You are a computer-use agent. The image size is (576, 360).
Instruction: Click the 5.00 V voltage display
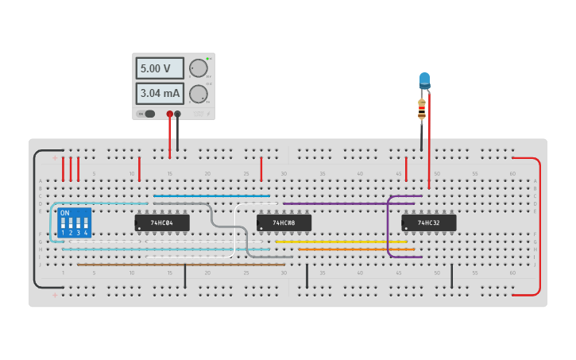tap(159, 68)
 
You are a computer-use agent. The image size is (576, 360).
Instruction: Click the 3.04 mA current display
tap(159, 94)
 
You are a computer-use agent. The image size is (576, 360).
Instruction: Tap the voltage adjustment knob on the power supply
tap(198, 68)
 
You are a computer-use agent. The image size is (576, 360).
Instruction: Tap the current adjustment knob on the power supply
tap(198, 94)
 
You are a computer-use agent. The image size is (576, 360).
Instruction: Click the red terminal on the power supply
tap(169, 114)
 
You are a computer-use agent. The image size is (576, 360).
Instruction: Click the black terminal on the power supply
tap(177, 114)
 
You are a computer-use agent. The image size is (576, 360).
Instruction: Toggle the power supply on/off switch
tap(148, 114)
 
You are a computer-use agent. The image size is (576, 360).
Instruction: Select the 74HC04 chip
tap(162, 223)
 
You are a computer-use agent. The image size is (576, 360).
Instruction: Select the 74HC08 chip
tap(284, 223)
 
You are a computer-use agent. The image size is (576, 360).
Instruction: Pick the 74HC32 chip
tap(429, 223)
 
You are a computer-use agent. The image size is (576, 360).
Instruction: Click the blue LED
tap(424, 80)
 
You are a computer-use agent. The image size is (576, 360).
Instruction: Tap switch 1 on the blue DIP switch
tap(64, 223)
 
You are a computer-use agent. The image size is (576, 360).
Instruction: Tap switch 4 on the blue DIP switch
tap(86, 223)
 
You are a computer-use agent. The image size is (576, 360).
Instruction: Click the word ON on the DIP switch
tap(65, 213)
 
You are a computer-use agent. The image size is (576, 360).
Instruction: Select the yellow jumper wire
tap(342, 242)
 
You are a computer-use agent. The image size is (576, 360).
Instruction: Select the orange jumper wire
tap(358, 250)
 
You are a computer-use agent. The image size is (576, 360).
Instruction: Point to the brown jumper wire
tap(175, 265)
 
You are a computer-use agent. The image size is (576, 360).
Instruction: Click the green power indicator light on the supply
tap(207, 59)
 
